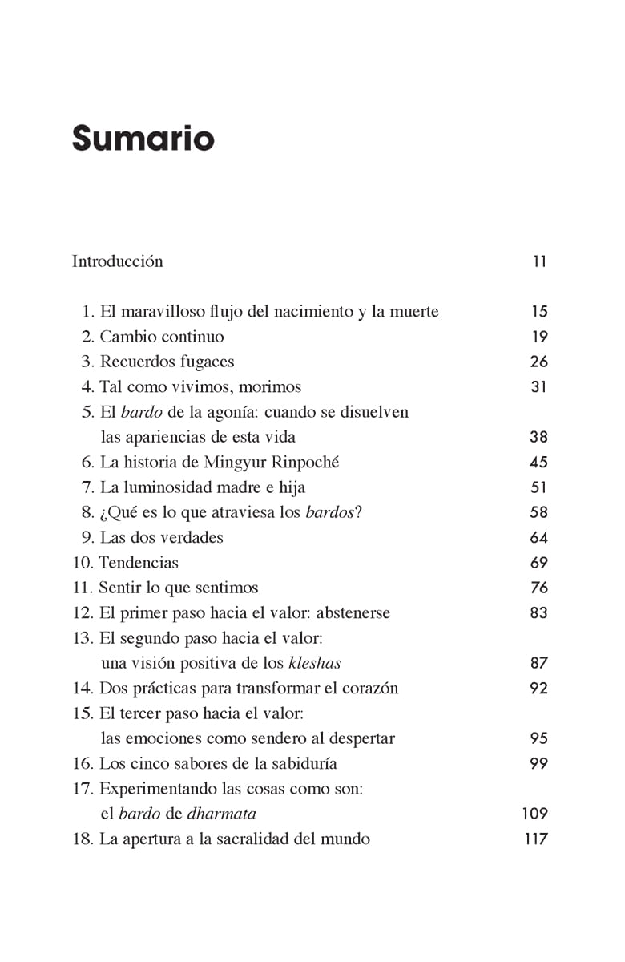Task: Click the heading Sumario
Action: pos(143,138)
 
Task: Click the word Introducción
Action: pos(117,261)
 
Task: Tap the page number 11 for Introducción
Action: pos(539,261)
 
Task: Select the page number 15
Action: pos(538,312)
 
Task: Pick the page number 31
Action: pos(538,386)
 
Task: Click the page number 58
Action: pos(538,512)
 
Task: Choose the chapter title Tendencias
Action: pos(139,563)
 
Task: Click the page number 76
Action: pos(538,588)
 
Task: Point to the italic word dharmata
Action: pos(222,814)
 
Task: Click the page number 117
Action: pos(534,839)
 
